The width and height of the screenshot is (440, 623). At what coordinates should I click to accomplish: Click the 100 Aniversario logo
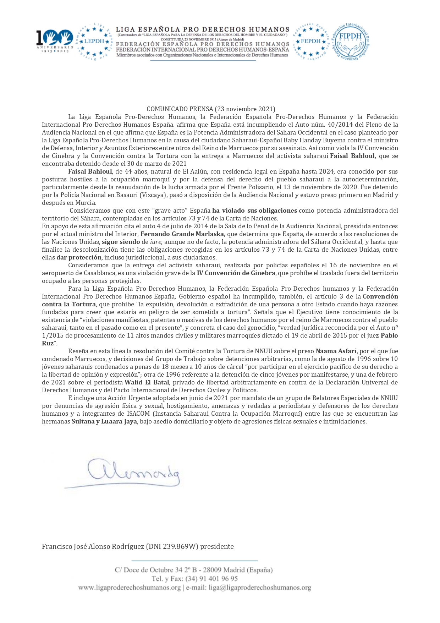pyautogui.click(x=55, y=41)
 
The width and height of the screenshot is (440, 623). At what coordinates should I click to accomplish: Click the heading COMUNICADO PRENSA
pyautogui.click(x=180, y=109)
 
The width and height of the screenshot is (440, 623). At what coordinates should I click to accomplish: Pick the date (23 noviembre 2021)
pyautogui.click(x=245, y=109)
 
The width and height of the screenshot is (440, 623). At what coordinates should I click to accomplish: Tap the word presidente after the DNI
pyautogui.click(x=217, y=546)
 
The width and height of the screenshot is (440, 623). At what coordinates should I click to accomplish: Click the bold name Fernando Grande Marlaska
pyautogui.click(x=182, y=234)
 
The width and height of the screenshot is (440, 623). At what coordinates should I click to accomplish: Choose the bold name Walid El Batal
pyautogui.click(x=147, y=382)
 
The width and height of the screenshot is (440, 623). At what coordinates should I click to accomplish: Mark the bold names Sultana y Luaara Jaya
pyautogui.click(x=104, y=421)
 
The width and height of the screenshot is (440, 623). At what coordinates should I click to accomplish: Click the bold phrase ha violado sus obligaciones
pyautogui.click(x=254, y=211)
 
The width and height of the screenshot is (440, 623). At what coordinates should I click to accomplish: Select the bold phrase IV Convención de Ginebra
pyautogui.click(x=236, y=273)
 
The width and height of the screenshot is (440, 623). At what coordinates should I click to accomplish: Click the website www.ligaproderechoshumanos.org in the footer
pyautogui.click(x=130, y=588)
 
